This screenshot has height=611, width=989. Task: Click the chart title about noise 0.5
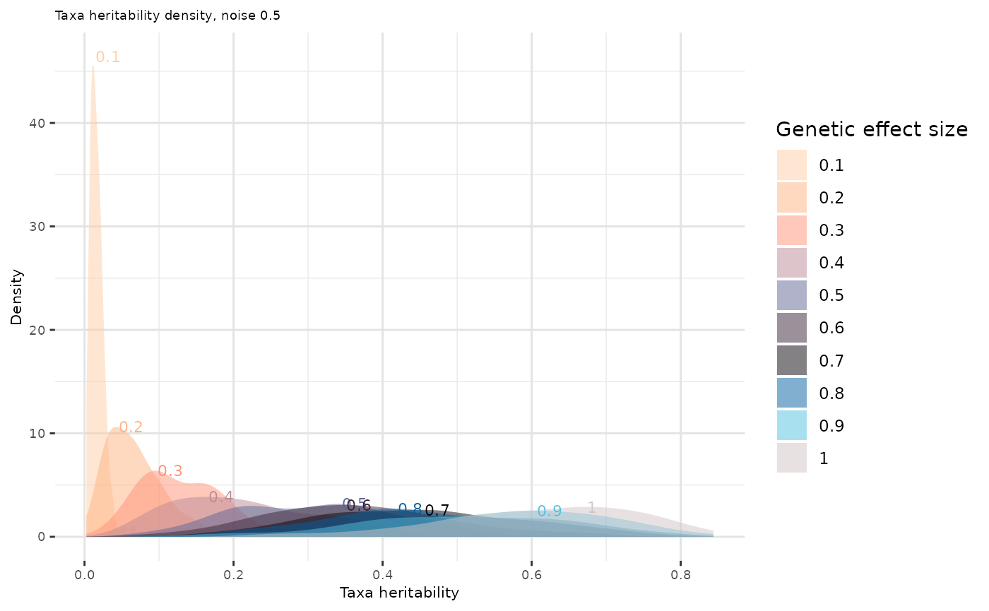pos(167,16)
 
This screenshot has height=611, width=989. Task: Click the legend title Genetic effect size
pos(871,129)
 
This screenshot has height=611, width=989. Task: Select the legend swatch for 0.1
pos(791,165)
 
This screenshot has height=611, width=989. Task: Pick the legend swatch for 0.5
pos(791,295)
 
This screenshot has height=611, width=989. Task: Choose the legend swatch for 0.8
pos(791,393)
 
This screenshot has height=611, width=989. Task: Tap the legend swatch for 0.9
pos(791,425)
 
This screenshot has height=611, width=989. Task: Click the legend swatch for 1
pos(791,458)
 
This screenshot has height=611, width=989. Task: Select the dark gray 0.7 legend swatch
pos(791,360)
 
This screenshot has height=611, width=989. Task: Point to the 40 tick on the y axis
pos(42,123)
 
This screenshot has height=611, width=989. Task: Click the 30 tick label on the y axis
pos(42,226)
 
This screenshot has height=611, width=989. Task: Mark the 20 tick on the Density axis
pos(42,330)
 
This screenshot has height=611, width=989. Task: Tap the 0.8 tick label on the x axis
pos(680,564)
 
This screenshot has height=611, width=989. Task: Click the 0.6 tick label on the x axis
pos(531,564)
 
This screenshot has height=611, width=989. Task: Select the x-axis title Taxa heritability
pos(399,593)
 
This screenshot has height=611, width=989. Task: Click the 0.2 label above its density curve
pos(131,427)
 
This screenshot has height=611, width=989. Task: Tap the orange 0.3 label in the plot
pos(170,471)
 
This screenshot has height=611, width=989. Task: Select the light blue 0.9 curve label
pos(550,511)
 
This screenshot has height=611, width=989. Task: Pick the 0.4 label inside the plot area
pos(221,497)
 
